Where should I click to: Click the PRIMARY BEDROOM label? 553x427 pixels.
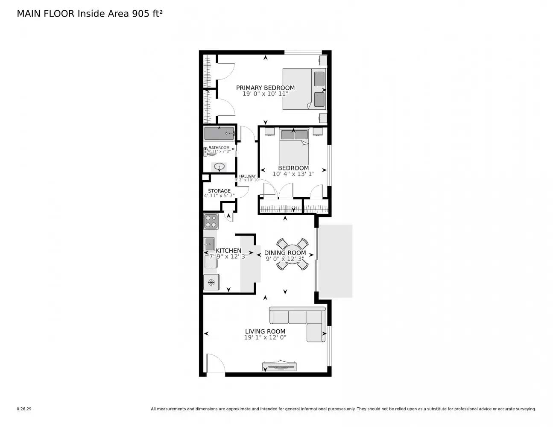pos(265,88)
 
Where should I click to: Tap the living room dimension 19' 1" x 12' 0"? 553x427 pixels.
pos(265,337)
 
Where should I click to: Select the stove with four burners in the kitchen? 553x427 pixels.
pos(211,222)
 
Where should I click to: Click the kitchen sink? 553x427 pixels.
pos(210,245)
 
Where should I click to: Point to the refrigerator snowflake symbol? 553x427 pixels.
pos(211,282)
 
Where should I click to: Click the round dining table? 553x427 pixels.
pos(292,254)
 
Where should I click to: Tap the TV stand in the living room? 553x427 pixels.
pos(280,366)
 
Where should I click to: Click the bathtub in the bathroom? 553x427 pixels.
pos(219,134)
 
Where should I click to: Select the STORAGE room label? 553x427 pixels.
pos(219,191)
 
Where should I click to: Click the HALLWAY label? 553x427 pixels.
pos(247,176)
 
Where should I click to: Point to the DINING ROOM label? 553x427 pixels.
pos(285,253)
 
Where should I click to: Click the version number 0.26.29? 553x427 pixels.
pos(24,409)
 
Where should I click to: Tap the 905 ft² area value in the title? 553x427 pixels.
pos(145,14)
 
